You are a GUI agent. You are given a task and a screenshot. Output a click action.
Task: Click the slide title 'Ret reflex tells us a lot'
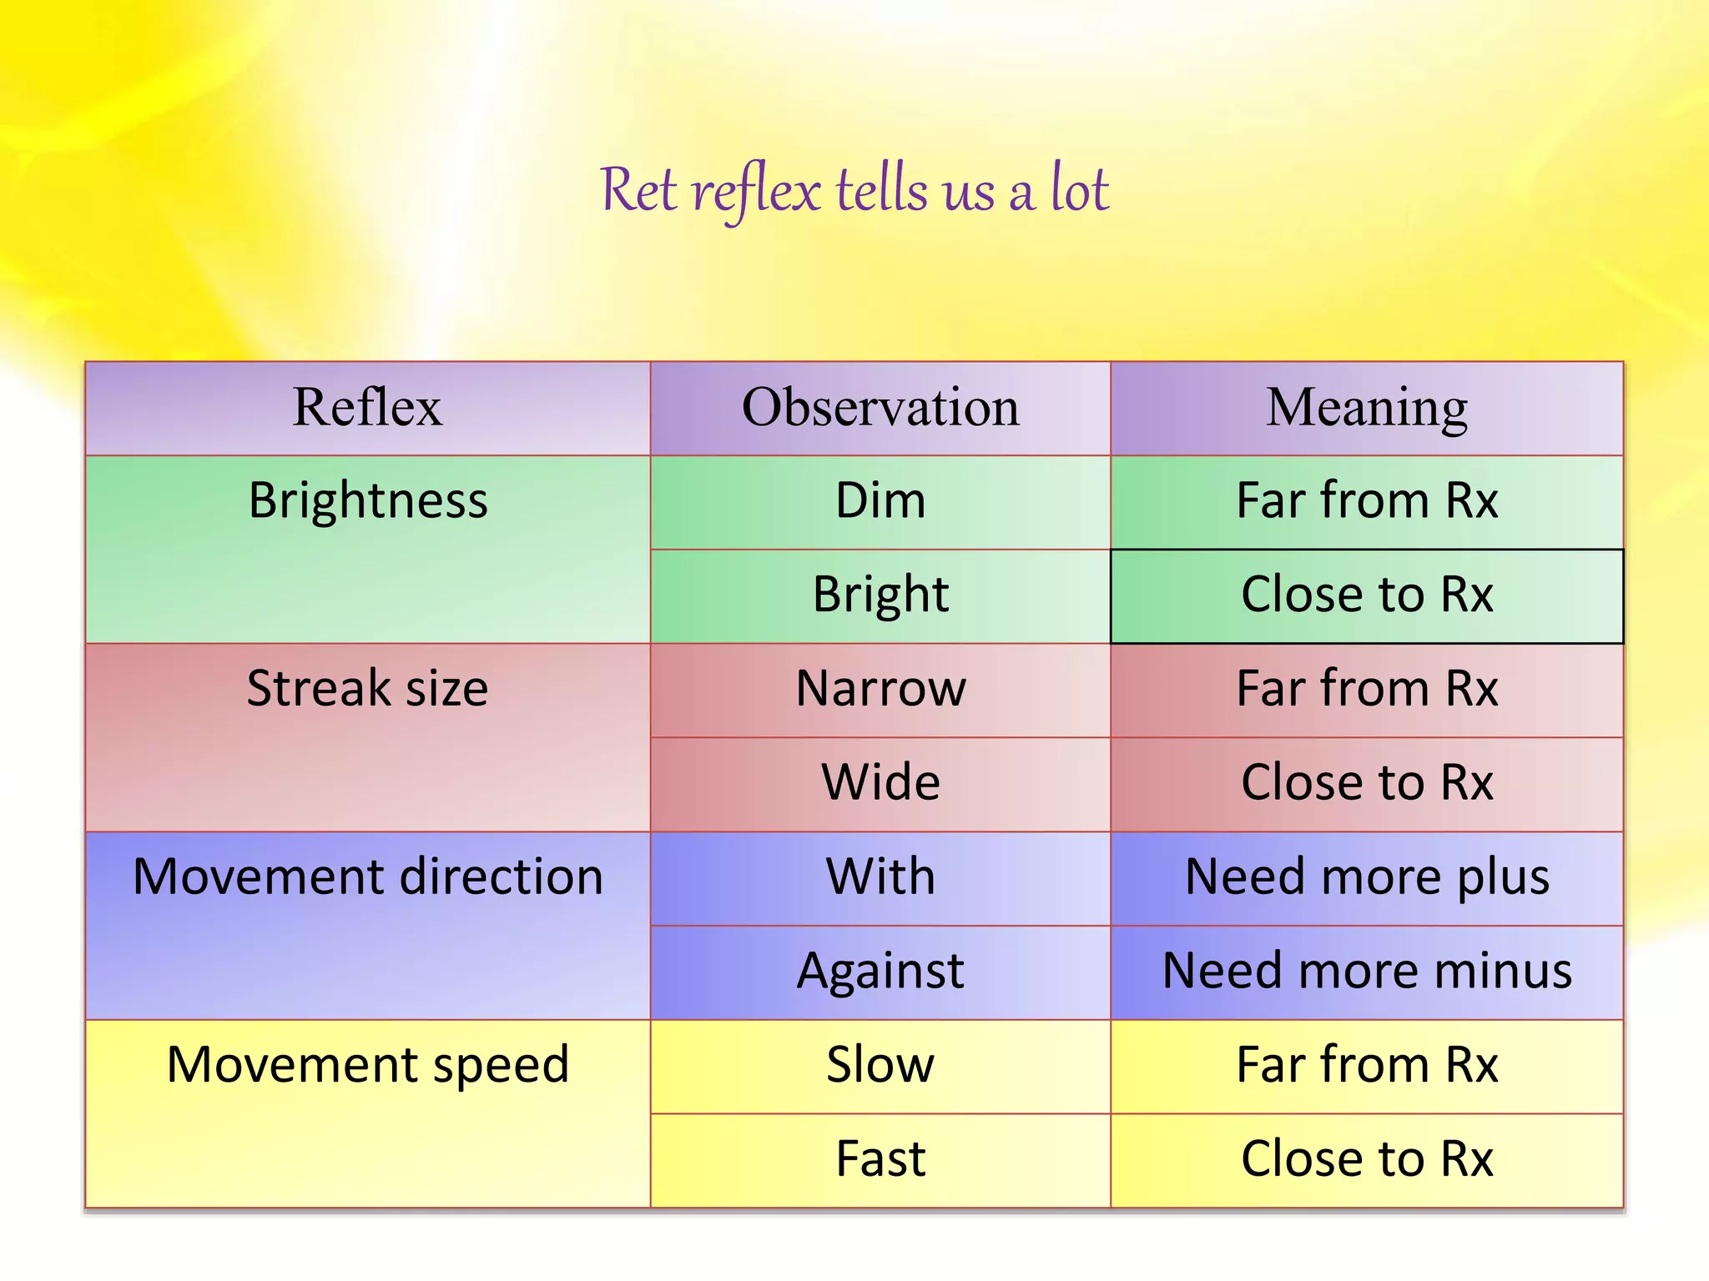point(854,190)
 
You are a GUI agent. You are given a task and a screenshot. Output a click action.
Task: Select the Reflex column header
point(367,408)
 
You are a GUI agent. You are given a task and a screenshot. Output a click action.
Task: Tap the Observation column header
point(880,408)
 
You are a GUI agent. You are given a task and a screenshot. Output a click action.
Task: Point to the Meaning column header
point(1367,408)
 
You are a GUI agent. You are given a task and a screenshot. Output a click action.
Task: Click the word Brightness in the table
point(368,501)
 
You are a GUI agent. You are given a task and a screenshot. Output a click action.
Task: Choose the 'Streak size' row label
point(367,689)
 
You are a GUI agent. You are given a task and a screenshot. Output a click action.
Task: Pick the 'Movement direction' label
point(368,877)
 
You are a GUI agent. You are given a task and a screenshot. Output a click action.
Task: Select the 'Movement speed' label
point(368,1065)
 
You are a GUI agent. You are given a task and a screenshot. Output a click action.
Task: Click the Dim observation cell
point(880,501)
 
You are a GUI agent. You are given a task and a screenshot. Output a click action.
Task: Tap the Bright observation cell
point(880,595)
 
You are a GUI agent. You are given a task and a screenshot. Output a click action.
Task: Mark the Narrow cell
point(880,689)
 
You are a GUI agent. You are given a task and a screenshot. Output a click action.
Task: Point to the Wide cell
point(880,783)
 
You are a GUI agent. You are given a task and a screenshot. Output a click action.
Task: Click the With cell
point(880,877)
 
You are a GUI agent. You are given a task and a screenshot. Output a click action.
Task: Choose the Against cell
point(880,972)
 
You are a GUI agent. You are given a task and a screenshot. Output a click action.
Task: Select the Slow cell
point(880,1065)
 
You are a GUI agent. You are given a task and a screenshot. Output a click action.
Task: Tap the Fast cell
point(880,1159)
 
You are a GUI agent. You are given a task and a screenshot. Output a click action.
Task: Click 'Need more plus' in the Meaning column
point(1367,877)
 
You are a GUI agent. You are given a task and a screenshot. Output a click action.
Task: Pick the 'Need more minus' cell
point(1367,972)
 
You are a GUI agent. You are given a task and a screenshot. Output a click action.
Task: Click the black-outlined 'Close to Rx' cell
point(1367,595)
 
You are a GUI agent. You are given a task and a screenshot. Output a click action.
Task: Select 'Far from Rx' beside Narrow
point(1367,689)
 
